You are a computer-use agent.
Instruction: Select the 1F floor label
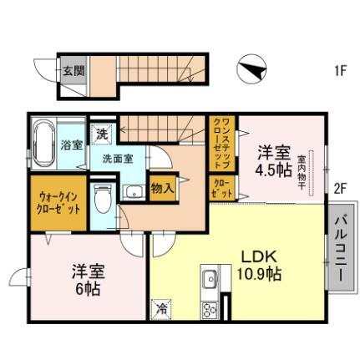pyautogui.click(x=340, y=71)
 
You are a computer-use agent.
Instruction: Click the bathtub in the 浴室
pyautogui.click(x=44, y=142)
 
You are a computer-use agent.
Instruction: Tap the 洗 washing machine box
pyautogui.click(x=101, y=132)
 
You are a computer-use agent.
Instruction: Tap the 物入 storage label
pyautogui.click(x=162, y=189)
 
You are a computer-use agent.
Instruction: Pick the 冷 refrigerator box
pyautogui.click(x=160, y=309)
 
